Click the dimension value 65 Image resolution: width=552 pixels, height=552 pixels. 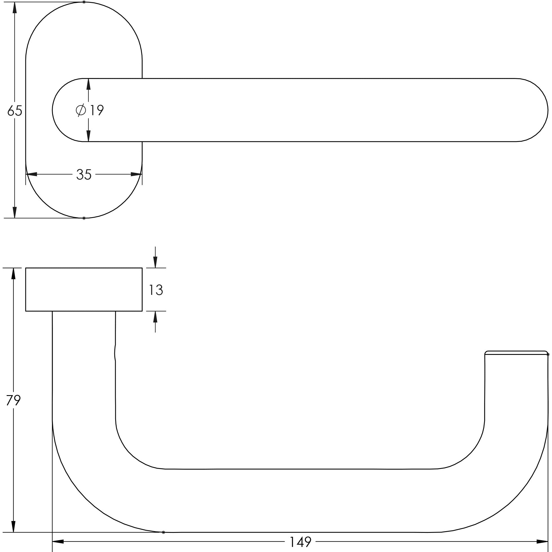click(15, 111)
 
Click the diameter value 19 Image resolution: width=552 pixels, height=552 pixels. click(96, 110)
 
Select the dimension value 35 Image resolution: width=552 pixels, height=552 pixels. click(84, 175)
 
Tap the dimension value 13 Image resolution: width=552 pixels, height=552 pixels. click(156, 290)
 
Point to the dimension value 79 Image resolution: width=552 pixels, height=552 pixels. click(14, 400)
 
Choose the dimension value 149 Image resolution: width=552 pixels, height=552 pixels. click(300, 542)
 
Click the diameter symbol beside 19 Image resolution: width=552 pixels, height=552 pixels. click(81, 110)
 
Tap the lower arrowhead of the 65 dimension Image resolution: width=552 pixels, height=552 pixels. click(15, 212)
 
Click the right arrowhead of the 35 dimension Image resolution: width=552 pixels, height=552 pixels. click(136, 174)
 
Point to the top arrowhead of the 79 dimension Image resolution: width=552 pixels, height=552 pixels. click(13, 274)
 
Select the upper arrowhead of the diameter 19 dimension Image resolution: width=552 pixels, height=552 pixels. click(88, 84)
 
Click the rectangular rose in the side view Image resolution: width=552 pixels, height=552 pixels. click(84, 290)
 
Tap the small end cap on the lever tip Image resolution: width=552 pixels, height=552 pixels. click(516, 353)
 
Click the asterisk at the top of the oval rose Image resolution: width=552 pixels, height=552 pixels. click(84, 2)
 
